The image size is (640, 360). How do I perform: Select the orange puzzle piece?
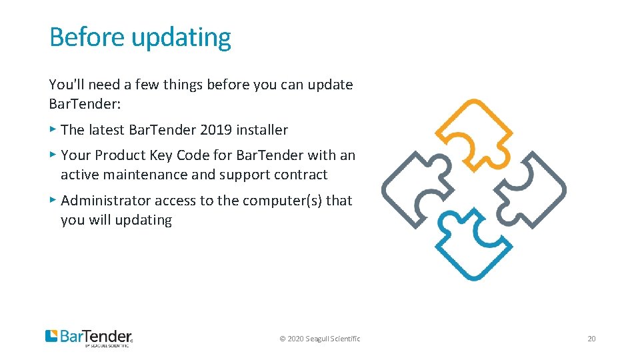click(474, 133)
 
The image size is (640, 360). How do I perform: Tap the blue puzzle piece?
click(474, 244)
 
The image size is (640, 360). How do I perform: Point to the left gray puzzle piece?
click(418, 189)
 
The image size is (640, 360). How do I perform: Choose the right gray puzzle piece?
click(529, 189)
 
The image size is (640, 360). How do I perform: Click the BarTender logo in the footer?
click(89, 337)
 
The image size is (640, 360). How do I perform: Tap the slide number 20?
click(591, 339)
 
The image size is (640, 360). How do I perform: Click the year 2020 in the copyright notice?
click(295, 339)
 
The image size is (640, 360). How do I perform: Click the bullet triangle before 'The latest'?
click(53, 129)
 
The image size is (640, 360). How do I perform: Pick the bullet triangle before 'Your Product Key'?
click(53, 154)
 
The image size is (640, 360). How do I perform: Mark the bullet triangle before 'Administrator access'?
click(53, 199)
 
